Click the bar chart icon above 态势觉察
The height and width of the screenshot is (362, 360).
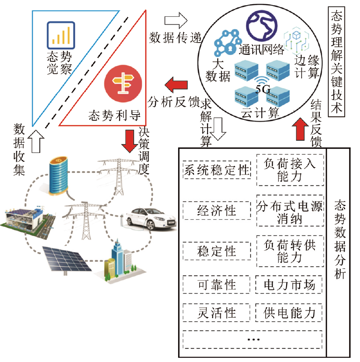tap(61, 35)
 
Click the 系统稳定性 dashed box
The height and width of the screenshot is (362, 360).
tap(217, 170)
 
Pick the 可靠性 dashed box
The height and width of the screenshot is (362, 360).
tap(217, 284)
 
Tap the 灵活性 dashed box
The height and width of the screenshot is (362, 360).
tap(217, 312)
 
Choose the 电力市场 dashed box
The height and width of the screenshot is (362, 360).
tap(289, 284)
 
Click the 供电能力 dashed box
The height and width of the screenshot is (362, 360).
tap(289, 312)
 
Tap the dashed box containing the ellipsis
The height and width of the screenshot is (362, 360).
tap(253, 339)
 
